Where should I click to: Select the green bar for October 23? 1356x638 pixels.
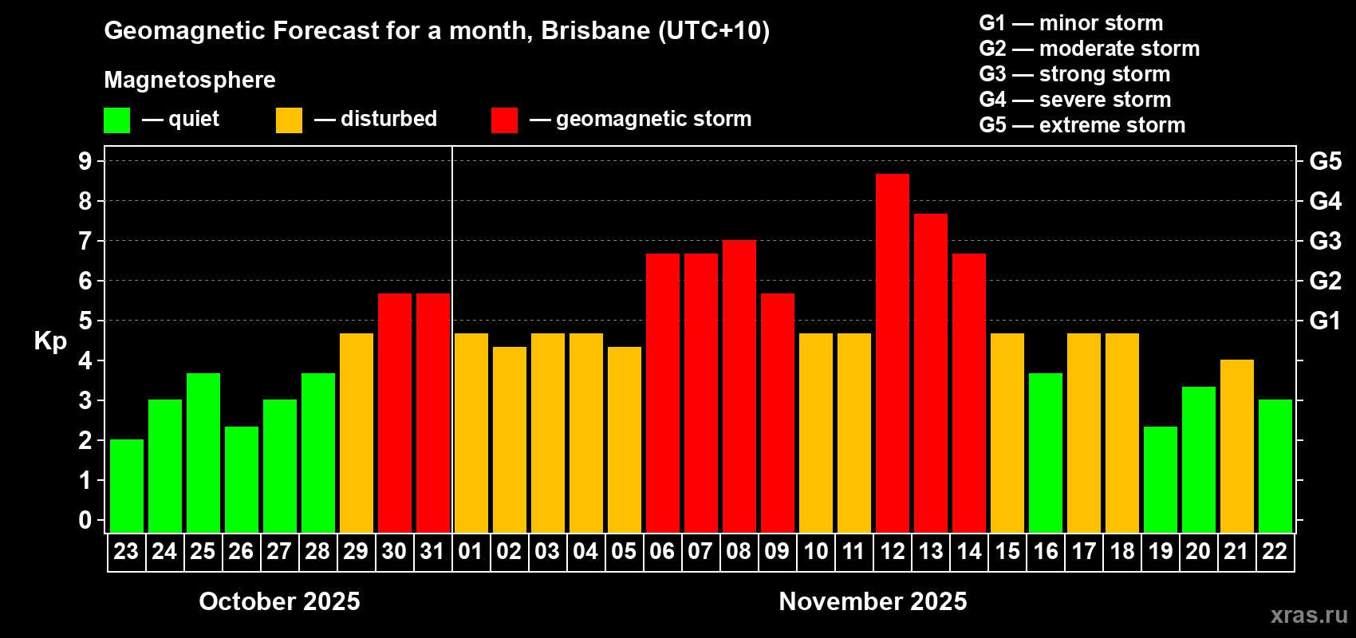tap(126, 486)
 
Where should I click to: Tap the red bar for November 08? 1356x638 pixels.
tap(739, 386)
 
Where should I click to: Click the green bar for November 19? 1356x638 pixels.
tap(1160, 479)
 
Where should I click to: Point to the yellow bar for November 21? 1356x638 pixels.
tap(1236, 446)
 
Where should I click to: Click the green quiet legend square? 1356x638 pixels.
tap(116, 120)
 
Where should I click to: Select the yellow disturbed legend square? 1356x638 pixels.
tap(289, 120)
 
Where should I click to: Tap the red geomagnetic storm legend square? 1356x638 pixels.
tap(504, 120)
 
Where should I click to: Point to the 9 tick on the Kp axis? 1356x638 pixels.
tap(85, 161)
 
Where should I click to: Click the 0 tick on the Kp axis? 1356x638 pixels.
tap(85, 521)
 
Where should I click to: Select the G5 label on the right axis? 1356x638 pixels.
tap(1325, 161)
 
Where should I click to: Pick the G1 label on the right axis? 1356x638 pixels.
tap(1325, 321)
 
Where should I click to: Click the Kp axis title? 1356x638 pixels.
tap(50, 341)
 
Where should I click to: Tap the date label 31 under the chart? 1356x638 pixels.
tap(432, 551)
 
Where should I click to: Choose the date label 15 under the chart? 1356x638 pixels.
tap(1007, 551)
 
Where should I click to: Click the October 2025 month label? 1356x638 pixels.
tap(279, 601)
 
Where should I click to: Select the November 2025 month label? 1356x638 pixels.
tap(873, 601)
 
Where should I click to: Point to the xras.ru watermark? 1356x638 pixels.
tap(1308, 615)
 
